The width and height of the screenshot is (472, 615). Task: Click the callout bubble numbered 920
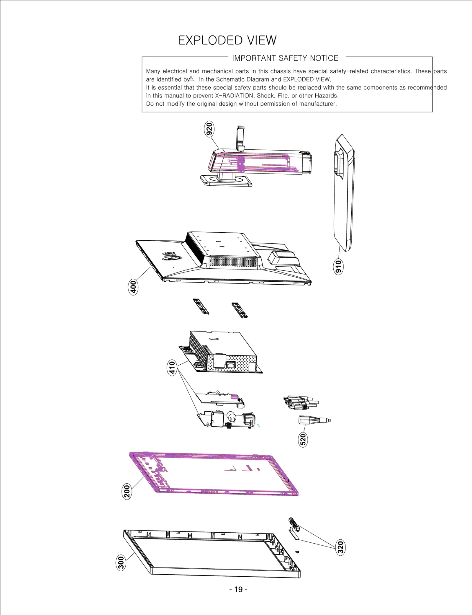pyautogui.click(x=209, y=129)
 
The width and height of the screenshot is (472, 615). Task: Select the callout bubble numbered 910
pyautogui.click(x=338, y=267)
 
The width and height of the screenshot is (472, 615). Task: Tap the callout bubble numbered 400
pyautogui.click(x=133, y=287)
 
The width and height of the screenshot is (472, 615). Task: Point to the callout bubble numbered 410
pyautogui.click(x=172, y=367)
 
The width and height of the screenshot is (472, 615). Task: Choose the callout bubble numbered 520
pyautogui.click(x=303, y=439)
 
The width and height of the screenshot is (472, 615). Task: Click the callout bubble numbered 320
pyautogui.click(x=340, y=547)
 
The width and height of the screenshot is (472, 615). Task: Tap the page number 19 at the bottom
pyautogui.click(x=238, y=590)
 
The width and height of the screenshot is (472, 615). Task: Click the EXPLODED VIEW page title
pyautogui.click(x=227, y=40)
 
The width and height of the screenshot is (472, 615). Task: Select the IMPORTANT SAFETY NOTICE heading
pyautogui.click(x=285, y=58)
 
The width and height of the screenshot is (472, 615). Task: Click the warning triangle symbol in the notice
pyautogui.click(x=191, y=79)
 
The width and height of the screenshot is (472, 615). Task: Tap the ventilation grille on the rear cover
pyautogui.click(x=233, y=261)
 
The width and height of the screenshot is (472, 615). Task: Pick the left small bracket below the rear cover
pyautogui.click(x=201, y=306)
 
